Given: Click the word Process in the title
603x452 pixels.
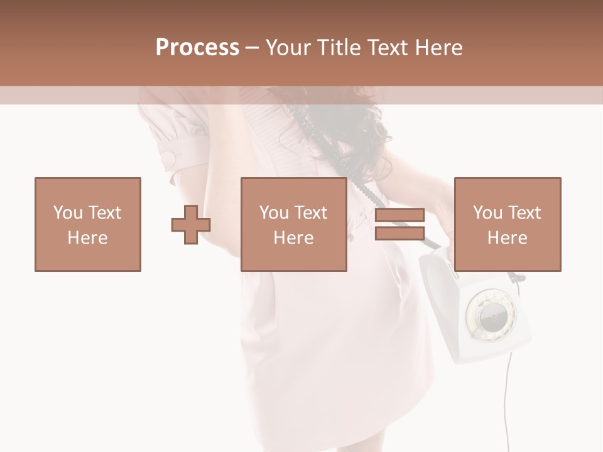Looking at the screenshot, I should coord(197,48).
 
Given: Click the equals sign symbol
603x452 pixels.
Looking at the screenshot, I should coord(399,225).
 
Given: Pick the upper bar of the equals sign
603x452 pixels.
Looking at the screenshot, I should coord(399,215).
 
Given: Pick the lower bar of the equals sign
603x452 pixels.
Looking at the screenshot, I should coord(399,234).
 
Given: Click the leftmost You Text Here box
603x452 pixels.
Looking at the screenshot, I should coord(87,225).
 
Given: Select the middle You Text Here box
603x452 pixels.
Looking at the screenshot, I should coord(293,225).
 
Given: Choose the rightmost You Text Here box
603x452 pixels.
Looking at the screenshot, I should coord(507,225).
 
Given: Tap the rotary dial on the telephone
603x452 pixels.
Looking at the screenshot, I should coord(491,314).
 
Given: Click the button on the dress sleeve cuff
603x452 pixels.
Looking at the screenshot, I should coord(169,158).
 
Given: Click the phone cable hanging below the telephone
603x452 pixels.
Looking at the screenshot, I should coord(506,402).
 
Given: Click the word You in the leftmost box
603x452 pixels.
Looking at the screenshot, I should coord(67,213).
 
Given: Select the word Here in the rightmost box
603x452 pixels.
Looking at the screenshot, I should coord(507,238).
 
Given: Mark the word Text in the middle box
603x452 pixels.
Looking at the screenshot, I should coord(312,213).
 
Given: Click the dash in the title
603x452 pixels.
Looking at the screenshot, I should coord(252,48).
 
